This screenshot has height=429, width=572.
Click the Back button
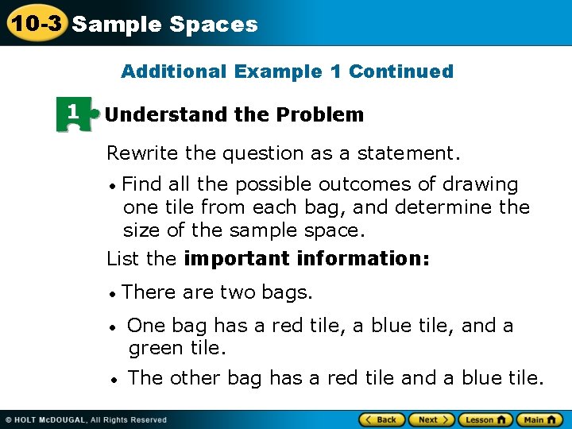coord(382,419)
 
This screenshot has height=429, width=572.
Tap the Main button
coord(540,419)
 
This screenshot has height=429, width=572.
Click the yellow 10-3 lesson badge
coord(34,23)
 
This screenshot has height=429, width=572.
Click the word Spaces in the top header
coord(214,24)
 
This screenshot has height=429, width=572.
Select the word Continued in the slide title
coord(400,71)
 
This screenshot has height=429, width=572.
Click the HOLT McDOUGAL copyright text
coord(87,419)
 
